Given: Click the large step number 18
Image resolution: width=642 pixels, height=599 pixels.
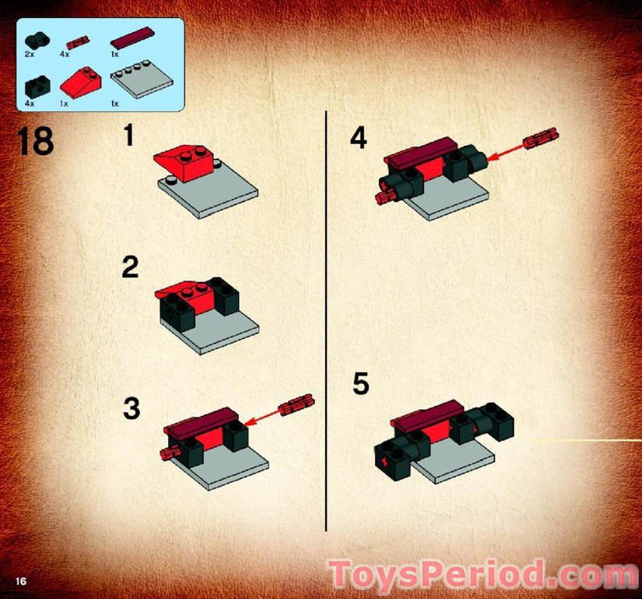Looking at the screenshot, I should (34, 142).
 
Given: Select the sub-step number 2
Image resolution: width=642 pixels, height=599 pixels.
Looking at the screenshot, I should (130, 268).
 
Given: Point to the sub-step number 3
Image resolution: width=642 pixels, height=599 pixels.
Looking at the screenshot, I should (131, 408).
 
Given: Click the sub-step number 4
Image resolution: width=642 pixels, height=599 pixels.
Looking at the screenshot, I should (357, 139).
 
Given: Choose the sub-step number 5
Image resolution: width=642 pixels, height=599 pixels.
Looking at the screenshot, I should (360, 384).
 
